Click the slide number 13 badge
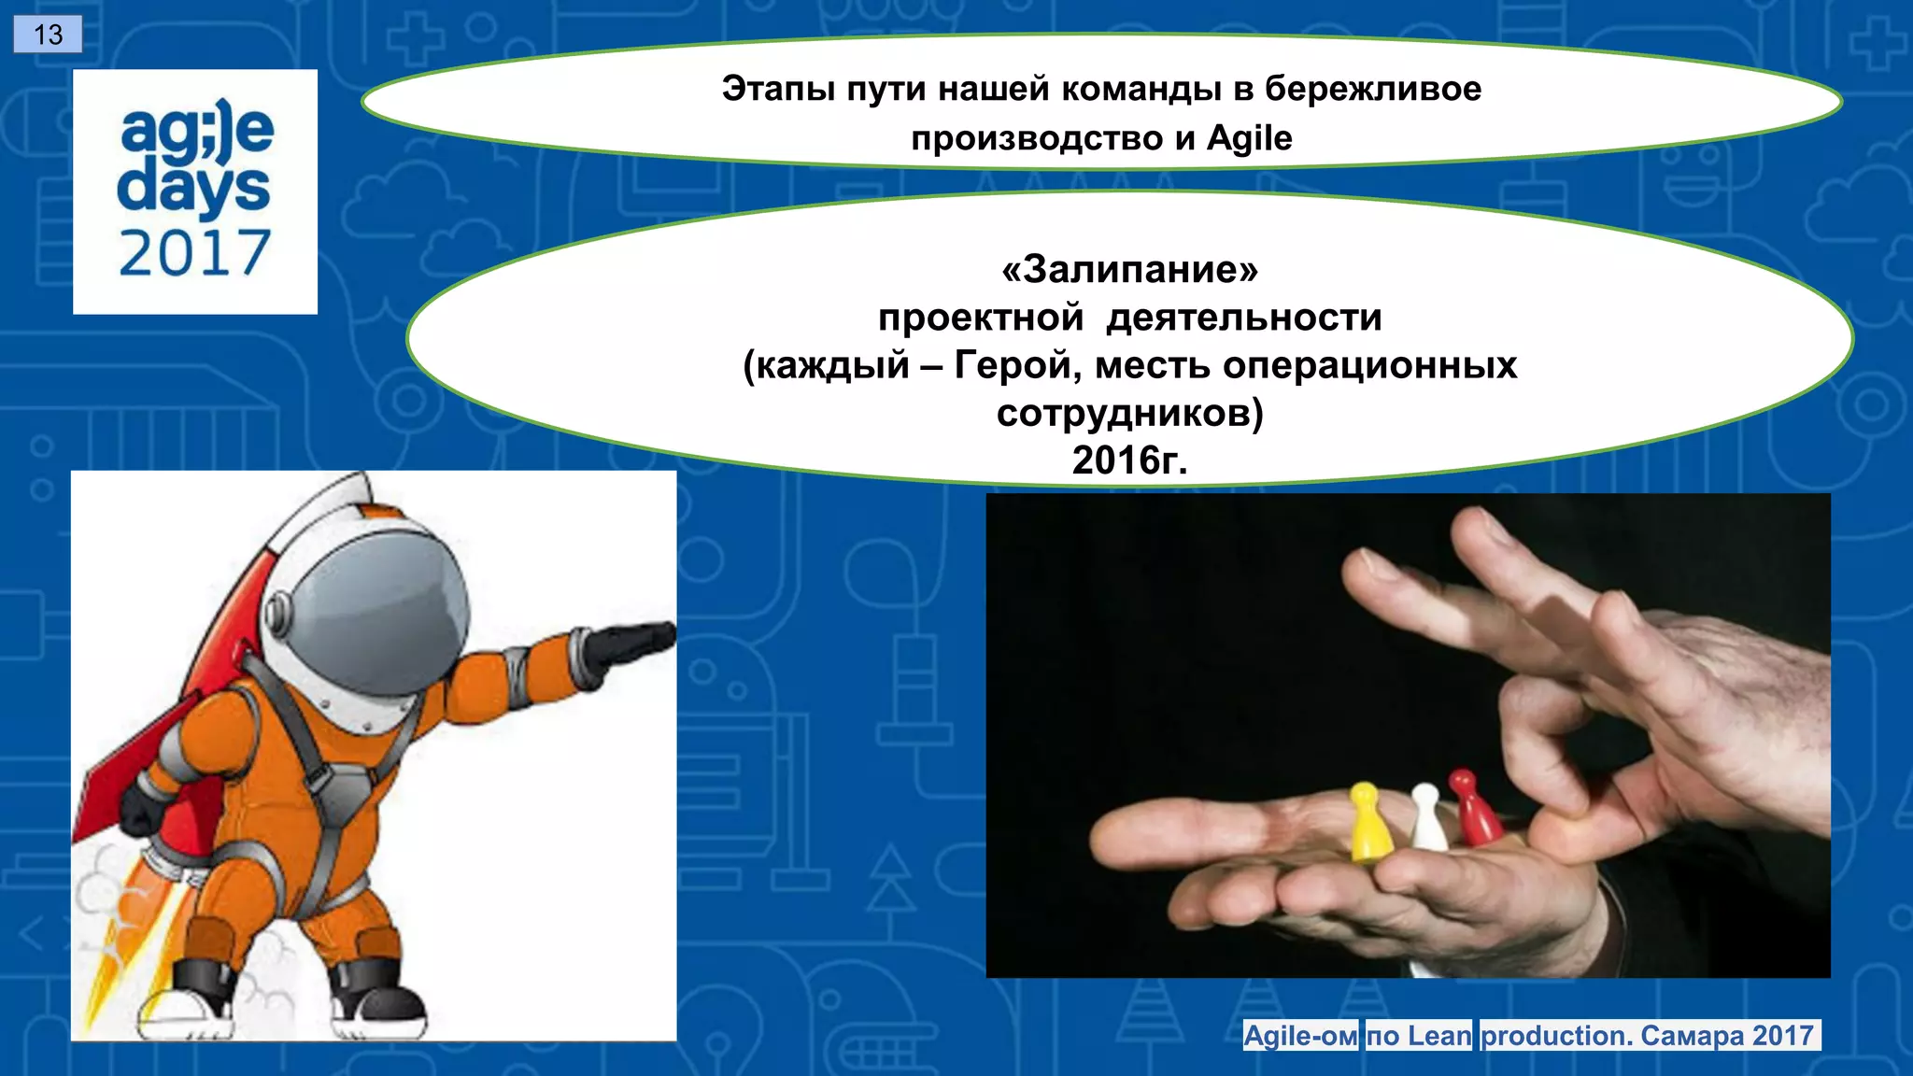click(48, 35)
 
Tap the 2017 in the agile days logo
click(194, 254)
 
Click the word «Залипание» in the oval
click(1129, 269)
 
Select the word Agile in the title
click(1249, 138)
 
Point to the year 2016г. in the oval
click(1129, 460)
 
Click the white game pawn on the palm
click(1425, 816)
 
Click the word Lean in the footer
click(1438, 1036)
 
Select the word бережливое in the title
click(1372, 89)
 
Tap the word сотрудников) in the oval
click(1129, 413)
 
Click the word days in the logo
click(193, 190)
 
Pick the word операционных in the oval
click(1369, 365)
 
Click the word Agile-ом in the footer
click(1300, 1036)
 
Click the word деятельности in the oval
click(1243, 318)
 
